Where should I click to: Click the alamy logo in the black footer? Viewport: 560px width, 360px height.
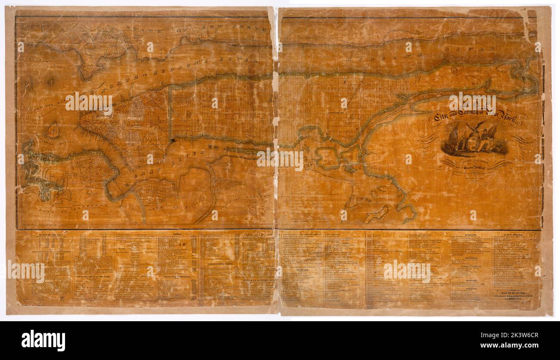(x=43, y=340)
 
